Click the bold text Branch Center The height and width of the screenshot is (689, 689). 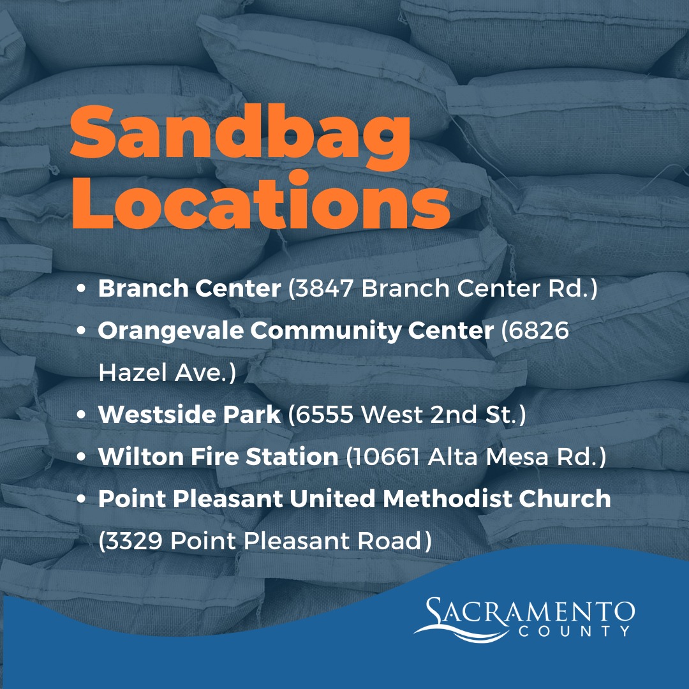point(189,289)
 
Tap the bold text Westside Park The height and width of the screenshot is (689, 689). point(189,415)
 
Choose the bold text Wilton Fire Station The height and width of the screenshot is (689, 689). point(218,457)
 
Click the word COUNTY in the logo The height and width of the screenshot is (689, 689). point(575,631)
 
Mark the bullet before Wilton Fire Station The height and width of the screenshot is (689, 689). point(82,457)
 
